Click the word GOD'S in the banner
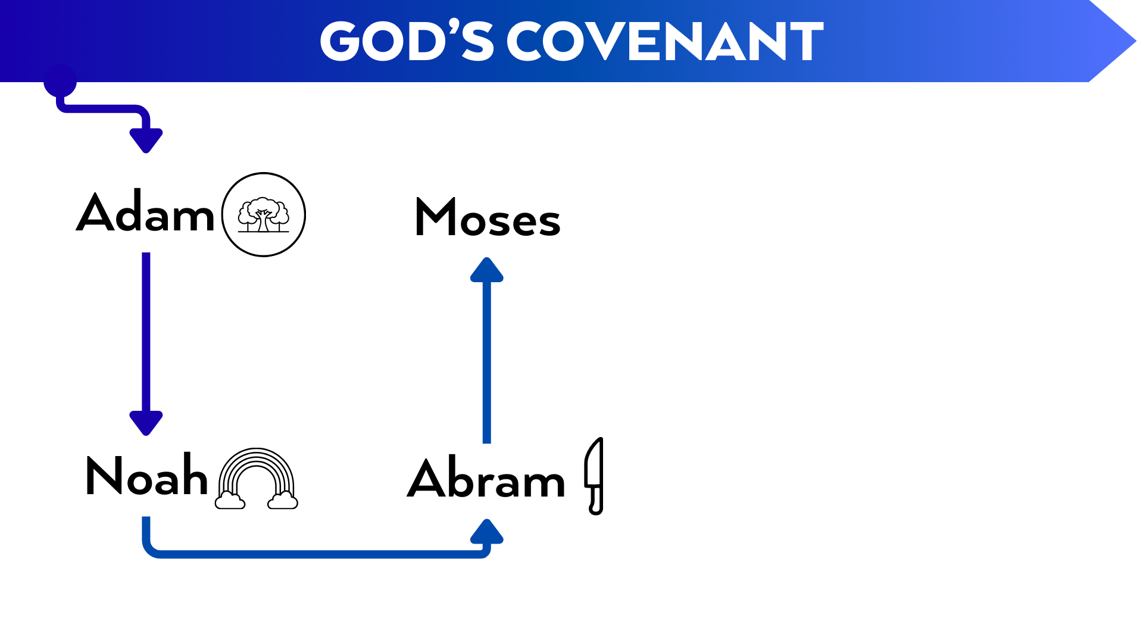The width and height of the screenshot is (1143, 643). pos(406,42)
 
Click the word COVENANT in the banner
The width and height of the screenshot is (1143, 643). pos(665,42)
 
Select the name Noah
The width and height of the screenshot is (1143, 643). pos(146,476)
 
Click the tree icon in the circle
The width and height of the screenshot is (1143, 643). pos(263,214)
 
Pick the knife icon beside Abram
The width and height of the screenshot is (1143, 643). pos(594,476)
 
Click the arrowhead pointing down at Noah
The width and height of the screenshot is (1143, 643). pos(146,423)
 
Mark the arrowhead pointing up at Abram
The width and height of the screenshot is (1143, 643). pos(487,532)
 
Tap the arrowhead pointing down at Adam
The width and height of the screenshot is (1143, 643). pos(146,141)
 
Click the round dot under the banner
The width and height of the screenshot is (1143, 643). pos(60,82)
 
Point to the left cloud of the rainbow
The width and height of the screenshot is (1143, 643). pos(230,501)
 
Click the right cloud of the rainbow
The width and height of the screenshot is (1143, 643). pos(283,501)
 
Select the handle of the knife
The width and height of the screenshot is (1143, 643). pos(595,500)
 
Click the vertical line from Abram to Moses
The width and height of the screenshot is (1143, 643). pos(487,363)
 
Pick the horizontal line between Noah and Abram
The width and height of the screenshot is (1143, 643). pos(316,554)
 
